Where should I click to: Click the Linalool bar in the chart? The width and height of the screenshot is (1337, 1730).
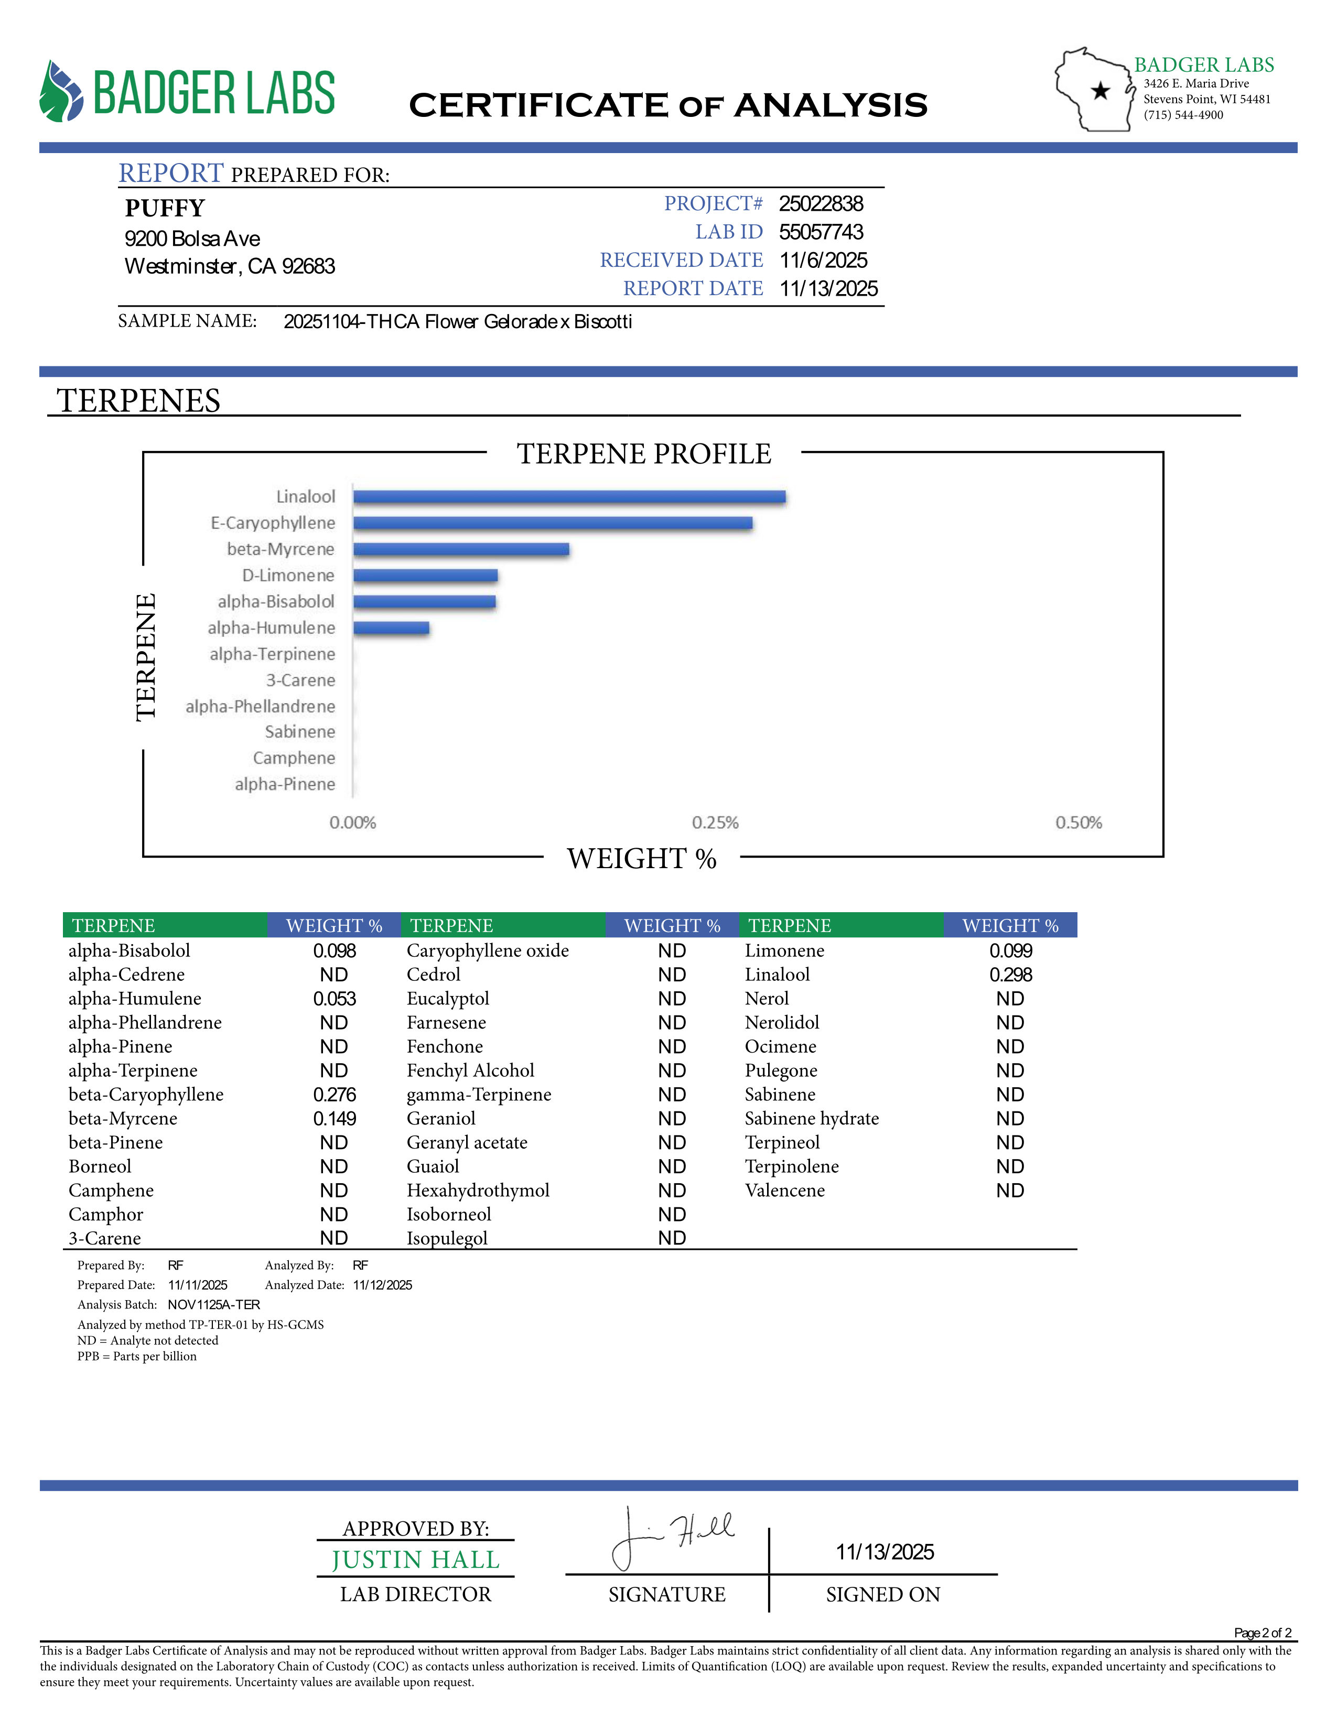point(569,496)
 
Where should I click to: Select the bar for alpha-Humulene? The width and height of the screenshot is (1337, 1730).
point(391,628)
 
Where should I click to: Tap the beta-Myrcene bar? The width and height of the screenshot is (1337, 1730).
point(461,549)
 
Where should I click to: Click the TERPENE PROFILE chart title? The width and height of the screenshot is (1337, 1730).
point(644,454)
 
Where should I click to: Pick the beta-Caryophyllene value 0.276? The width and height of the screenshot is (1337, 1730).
point(335,1095)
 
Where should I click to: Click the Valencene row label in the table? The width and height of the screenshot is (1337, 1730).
point(784,1191)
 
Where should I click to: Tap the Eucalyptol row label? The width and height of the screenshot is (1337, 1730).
point(448,999)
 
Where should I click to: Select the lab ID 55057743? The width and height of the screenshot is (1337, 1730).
point(821,232)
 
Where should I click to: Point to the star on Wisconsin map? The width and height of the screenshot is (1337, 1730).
point(1099,91)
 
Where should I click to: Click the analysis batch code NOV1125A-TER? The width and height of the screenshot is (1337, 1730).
point(214,1305)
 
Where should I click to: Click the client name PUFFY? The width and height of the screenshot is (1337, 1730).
point(165,208)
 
